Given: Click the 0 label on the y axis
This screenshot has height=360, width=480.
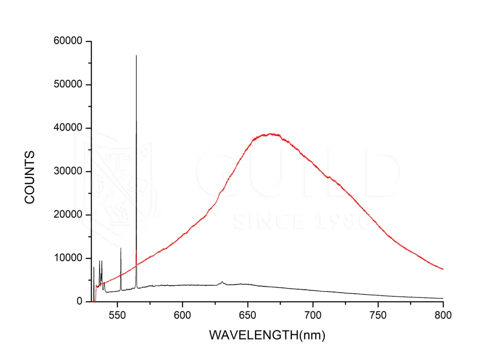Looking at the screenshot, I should click(x=80, y=301).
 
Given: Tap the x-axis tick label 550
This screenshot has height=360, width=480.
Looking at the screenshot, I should click(x=117, y=315).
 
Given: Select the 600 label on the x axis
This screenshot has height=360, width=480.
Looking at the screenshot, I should click(x=182, y=315).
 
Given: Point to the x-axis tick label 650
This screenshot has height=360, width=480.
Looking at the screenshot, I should click(x=248, y=315).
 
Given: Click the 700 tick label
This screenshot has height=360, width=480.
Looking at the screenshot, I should click(x=313, y=315).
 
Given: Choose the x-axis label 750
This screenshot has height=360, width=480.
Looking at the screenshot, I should click(x=378, y=315).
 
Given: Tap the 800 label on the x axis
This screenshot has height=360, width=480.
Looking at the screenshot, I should click(x=443, y=315).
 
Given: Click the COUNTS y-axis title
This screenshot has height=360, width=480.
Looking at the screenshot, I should click(x=30, y=177).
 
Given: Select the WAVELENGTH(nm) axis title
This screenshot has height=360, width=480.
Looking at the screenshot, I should click(x=267, y=335).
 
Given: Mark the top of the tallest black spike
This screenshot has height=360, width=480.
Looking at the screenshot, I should click(x=136, y=56).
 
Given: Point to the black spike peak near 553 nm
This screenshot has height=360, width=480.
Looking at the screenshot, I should click(x=121, y=248).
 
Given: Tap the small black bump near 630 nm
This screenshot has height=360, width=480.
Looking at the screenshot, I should click(x=222, y=282).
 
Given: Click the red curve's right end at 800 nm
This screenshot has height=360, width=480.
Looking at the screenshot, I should click(x=443, y=269).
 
